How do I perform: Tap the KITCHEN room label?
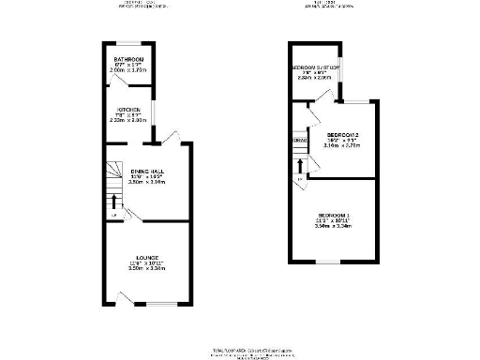(128, 110)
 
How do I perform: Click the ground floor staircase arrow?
(114, 202)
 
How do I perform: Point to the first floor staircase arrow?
(300, 166)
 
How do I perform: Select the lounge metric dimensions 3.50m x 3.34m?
(147, 268)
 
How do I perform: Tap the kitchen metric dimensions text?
(128, 121)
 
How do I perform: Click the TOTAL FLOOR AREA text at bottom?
(240, 349)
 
